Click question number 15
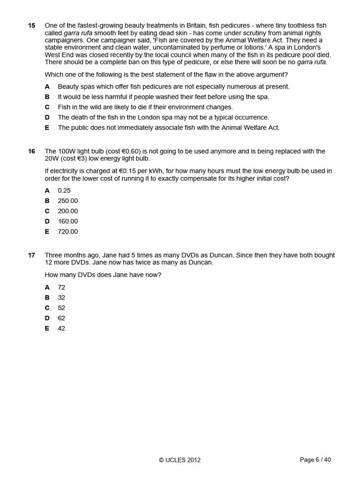(31, 25)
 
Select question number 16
(31, 151)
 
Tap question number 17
(31, 255)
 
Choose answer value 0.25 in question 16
(65, 190)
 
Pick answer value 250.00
(68, 201)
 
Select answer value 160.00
(68, 221)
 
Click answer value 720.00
(68, 232)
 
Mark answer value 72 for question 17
(61, 287)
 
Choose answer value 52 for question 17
(61, 308)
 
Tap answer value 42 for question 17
(61, 329)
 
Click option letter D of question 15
(47, 117)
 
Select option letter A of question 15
(47, 86)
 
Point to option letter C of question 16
(47, 211)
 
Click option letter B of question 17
(47, 298)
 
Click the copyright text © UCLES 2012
(180, 460)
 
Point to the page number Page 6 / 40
(315, 460)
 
